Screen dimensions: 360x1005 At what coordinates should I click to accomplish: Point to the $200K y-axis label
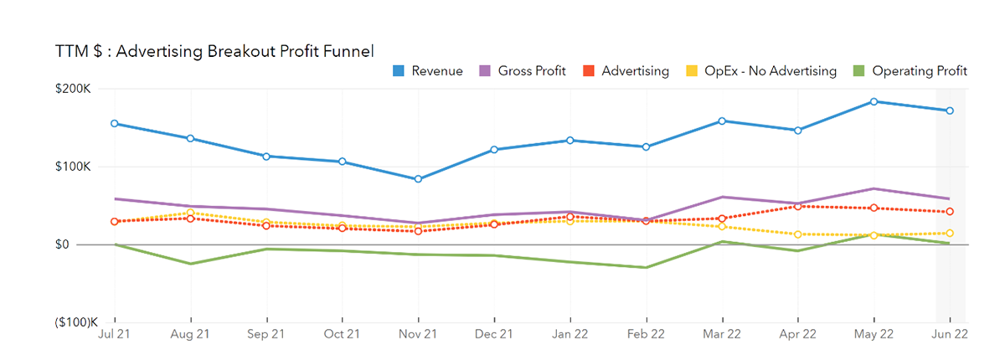75,89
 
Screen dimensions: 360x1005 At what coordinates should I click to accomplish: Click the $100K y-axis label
75,167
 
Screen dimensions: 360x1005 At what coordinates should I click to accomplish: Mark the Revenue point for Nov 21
419,179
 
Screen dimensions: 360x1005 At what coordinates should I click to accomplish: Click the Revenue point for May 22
874,101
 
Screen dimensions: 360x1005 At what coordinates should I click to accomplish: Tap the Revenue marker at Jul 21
115,124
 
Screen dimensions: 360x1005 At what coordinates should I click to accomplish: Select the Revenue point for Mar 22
722,121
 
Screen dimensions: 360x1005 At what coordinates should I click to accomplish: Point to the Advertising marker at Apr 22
797,206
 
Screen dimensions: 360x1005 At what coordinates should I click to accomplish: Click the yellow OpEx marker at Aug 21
191,213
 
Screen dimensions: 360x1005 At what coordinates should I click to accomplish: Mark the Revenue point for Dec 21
494,150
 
